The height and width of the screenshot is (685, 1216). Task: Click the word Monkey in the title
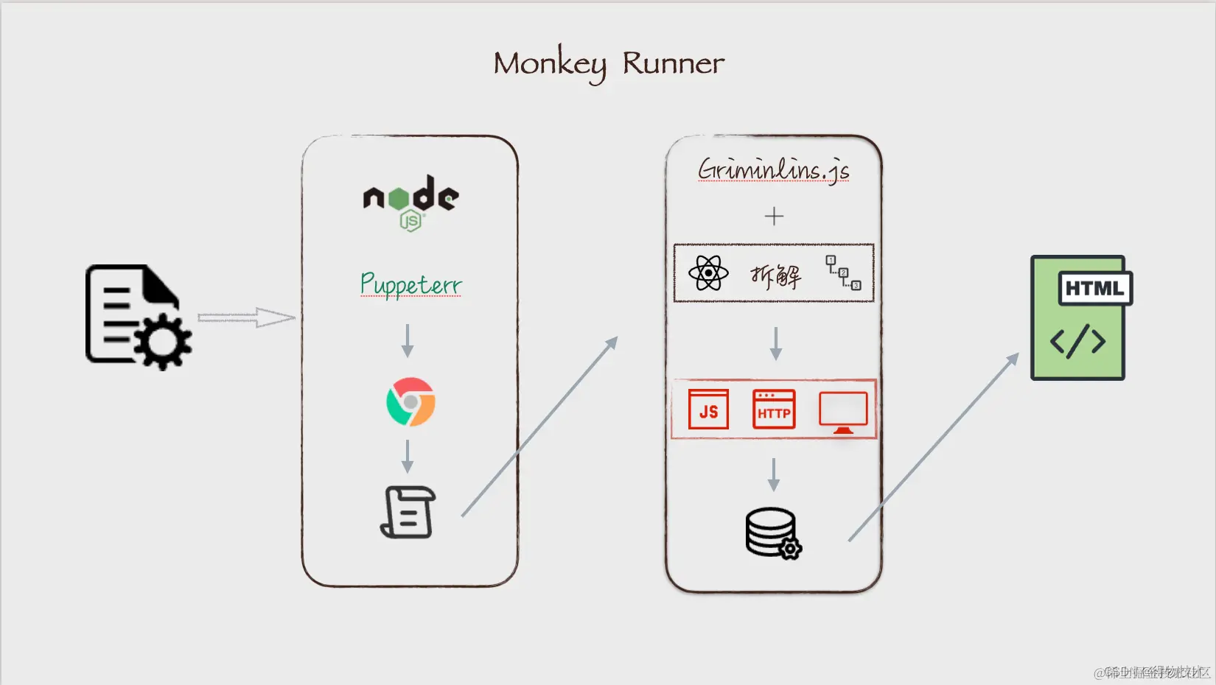550,64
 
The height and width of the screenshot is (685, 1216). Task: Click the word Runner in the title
673,64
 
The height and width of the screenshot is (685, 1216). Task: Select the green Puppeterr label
410,284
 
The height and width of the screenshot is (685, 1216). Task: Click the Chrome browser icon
410,402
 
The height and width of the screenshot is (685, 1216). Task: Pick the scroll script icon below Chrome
408,512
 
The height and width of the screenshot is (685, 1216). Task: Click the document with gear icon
137,317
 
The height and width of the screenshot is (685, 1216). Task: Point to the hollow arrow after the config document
246,317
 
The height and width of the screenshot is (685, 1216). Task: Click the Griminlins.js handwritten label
773,169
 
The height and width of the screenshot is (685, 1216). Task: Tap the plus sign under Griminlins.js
774,216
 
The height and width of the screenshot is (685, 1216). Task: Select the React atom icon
708,273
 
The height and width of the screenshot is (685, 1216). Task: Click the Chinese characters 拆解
775,275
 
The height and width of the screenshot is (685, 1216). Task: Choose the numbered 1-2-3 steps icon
843,273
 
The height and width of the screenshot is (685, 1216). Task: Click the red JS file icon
708,410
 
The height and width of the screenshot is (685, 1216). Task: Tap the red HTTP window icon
774,410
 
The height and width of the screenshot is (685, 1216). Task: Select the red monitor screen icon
843,411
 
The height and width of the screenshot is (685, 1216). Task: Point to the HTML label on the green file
1094,289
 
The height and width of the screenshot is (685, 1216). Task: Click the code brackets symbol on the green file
1077,341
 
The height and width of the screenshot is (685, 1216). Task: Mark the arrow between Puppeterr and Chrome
408,340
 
